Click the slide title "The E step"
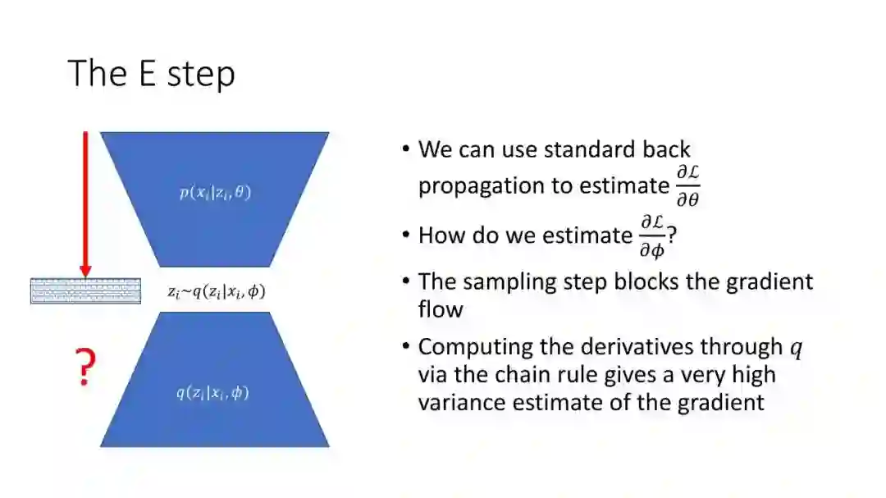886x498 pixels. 152,73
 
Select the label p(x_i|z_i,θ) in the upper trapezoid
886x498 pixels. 215,193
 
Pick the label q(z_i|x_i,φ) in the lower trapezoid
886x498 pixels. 212,393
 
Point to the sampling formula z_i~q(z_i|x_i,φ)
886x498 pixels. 215,291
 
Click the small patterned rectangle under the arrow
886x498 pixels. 85,291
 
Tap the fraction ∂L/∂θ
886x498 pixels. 687,185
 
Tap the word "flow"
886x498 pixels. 441,309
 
